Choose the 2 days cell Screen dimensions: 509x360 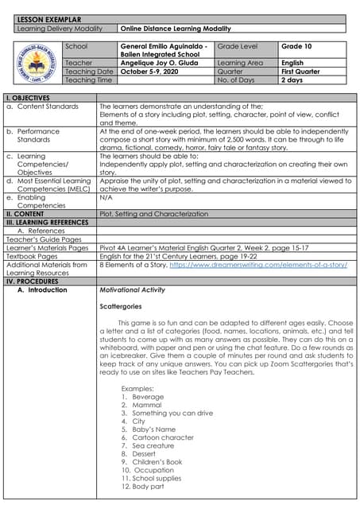coord(292,80)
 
